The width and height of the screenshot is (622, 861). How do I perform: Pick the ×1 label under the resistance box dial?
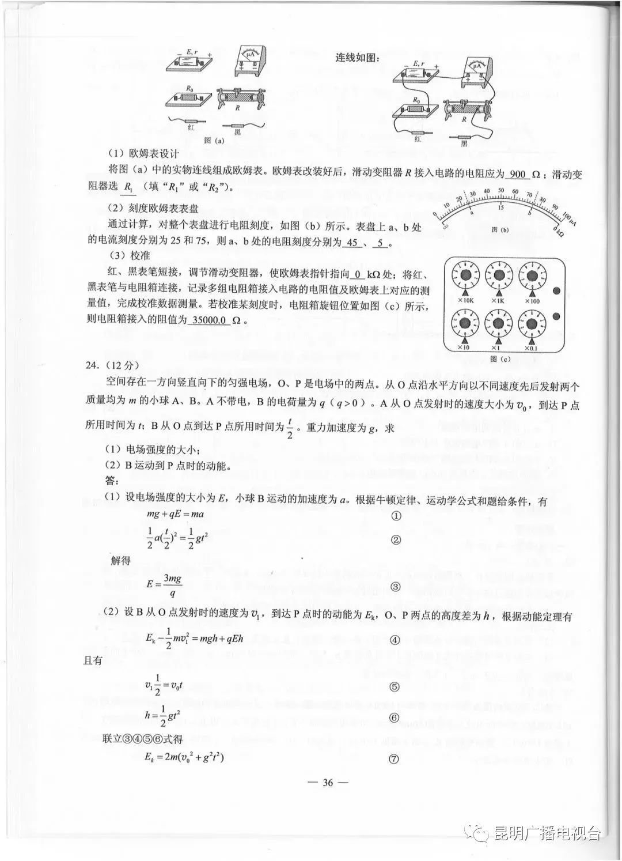point(498,347)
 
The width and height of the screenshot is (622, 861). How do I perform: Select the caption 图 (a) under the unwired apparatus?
point(214,140)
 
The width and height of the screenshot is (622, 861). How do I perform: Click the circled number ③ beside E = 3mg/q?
point(395,587)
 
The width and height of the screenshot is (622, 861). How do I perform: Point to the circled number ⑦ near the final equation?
point(394,759)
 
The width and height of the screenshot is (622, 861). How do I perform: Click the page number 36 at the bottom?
point(328,782)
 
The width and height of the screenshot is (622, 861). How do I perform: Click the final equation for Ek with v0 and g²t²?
point(184,757)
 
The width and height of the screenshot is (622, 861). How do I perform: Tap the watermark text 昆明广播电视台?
point(547,833)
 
